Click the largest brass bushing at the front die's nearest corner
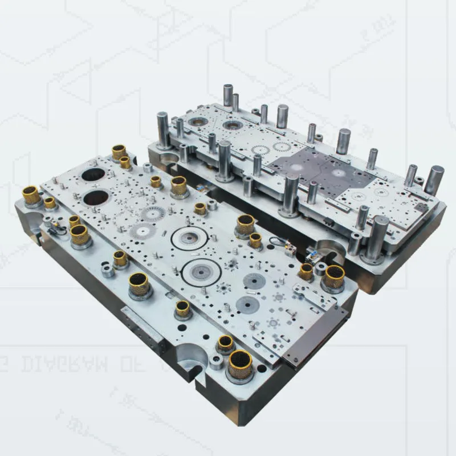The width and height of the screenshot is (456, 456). pos(240,365)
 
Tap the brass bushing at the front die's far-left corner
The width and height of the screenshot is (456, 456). pos(32,196)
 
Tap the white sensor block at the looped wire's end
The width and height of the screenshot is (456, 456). pos(290,249)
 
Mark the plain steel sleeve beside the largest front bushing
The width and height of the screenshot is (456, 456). pos(217,361)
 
